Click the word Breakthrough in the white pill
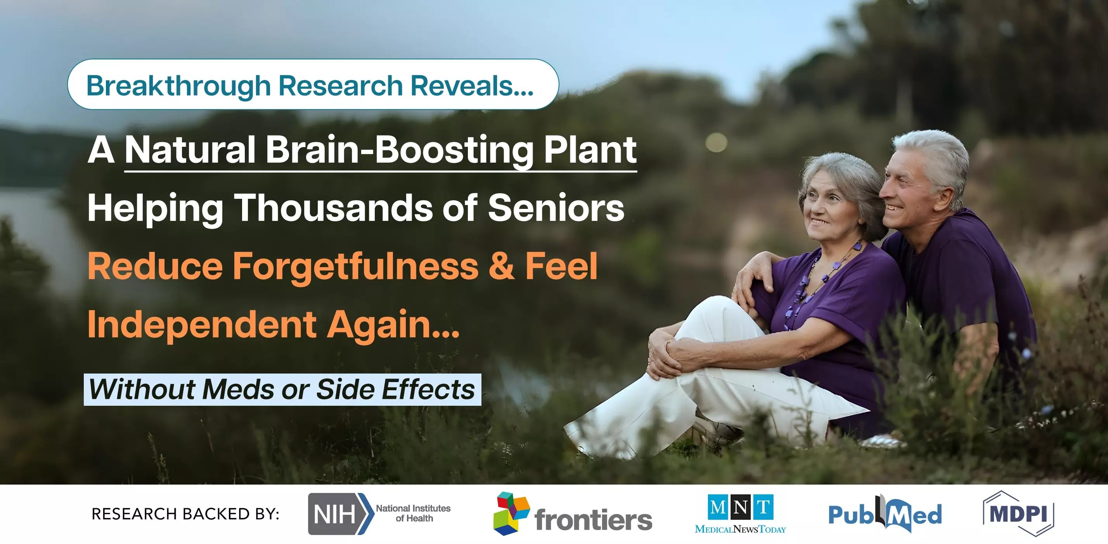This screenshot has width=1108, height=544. (x=178, y=86)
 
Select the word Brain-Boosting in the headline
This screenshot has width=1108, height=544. (x=399, y=150)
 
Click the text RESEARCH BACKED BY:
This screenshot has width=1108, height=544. (x=185, y=514)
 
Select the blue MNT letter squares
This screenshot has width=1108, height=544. (x=740, y=507)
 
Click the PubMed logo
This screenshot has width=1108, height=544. (x=885, y=513)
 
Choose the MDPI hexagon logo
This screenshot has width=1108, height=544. (x=1018, y=513)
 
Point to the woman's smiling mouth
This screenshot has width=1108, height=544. (x=819, y=222)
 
